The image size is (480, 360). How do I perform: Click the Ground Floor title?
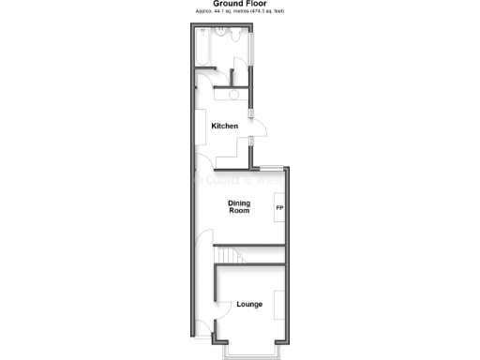[239, 4]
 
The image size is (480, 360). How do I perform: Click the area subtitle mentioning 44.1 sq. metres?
[239, 11]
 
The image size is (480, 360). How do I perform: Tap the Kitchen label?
[224, 126]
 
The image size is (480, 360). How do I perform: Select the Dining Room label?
[240, 206]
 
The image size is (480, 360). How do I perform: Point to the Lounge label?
[249, 305]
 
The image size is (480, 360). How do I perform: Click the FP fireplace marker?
[279, 207]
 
